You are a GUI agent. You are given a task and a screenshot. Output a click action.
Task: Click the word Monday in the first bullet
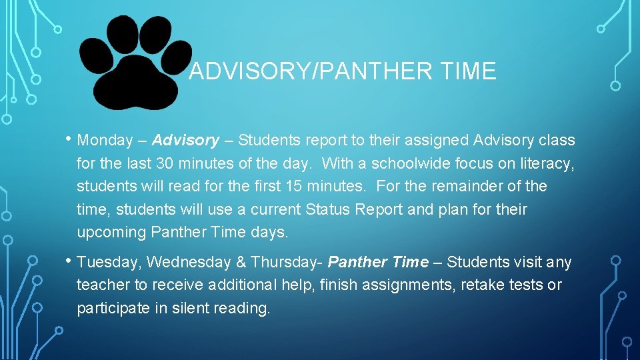click(105, 141)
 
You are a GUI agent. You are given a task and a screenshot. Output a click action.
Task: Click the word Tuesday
click(108, 263)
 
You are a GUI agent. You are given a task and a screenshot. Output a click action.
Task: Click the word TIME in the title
click(467, 71)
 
